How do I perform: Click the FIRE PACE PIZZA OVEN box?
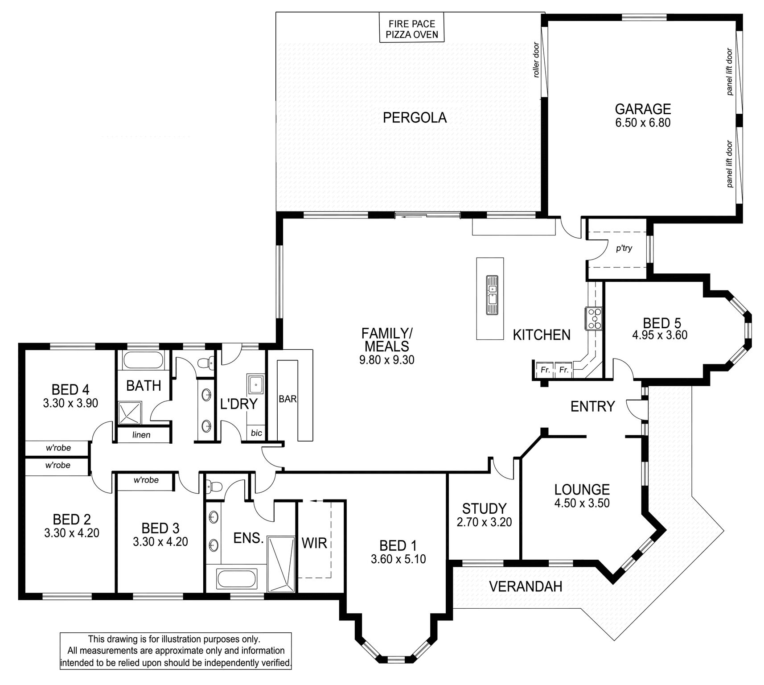(x=411, y=28)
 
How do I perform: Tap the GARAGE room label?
(x=643, y=109)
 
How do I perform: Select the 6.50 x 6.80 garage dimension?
(x=643, y=123)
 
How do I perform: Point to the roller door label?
(x=536, y=60)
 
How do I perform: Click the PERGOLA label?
(x=415, y=118)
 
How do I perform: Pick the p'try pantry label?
(x=624, y=248)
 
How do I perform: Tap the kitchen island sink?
(x=492, y=295)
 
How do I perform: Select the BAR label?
(x=288, y=399)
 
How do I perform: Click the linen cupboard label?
(x=141, y=435)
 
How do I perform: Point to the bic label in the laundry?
(x=256, y=433)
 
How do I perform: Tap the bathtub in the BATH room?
(x=143, y=360)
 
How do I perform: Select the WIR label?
(x=314, y=543)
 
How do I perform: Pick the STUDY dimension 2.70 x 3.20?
(x=484, y=522)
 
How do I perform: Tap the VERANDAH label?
(x=526, y=586)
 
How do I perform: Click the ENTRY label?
(x=593, y=406)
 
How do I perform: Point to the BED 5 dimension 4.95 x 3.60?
(x=660, y=334)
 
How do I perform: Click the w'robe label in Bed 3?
(x=146, y=480)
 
